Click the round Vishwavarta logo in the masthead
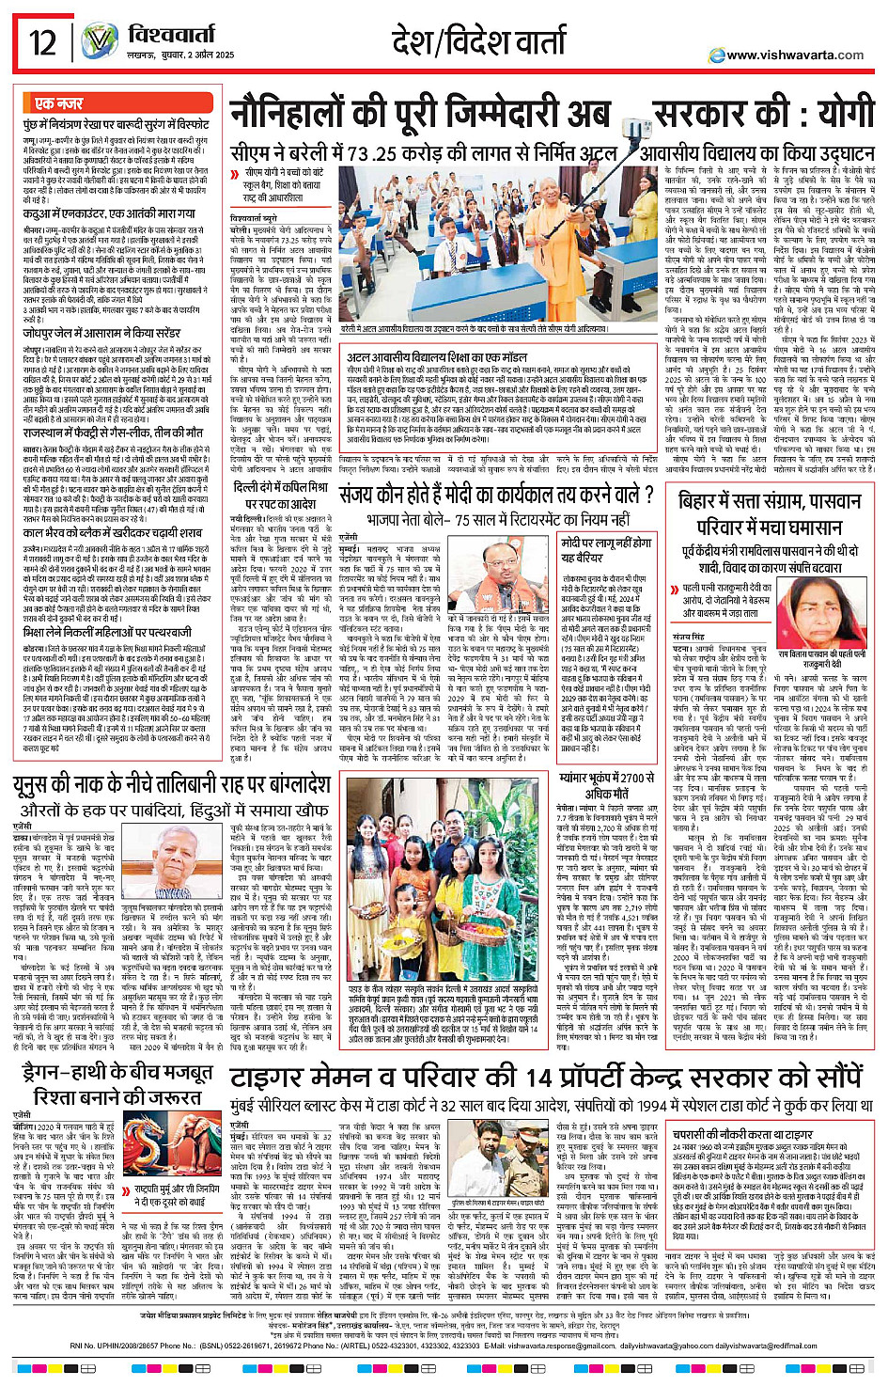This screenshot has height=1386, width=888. pos(99,42)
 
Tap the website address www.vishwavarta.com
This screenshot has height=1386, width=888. pos(794,55)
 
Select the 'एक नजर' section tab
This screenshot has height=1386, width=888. pos(59,103)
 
